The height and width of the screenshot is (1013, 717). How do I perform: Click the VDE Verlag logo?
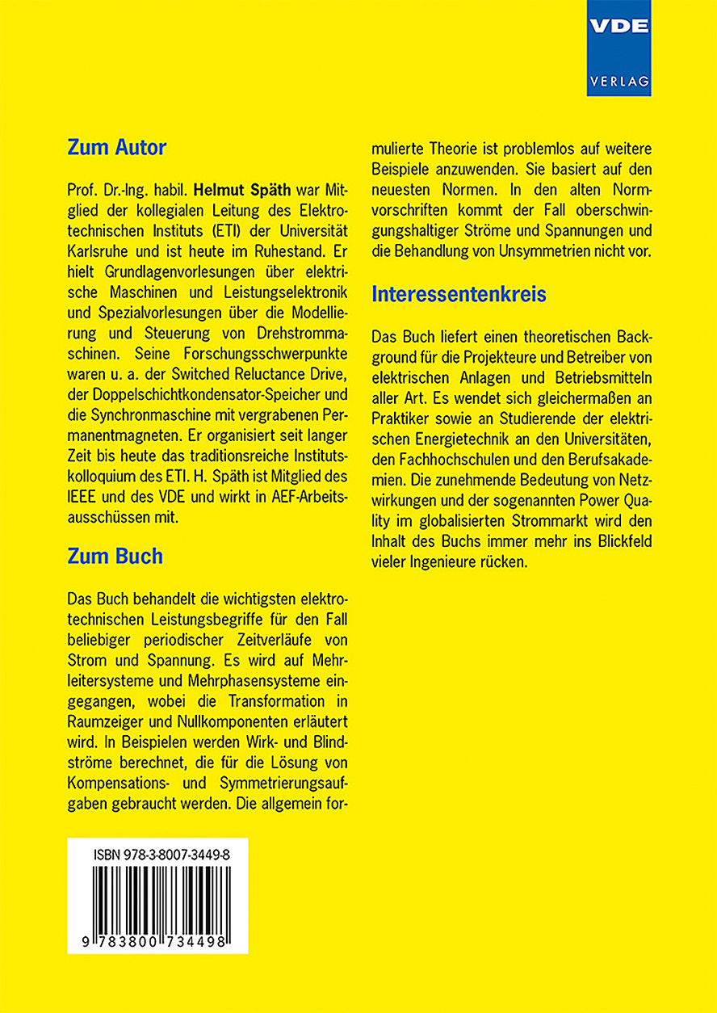pos(619,48)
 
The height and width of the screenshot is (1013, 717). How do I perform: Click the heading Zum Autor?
pos(116,148)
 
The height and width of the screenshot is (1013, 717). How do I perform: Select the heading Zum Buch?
pos(115,557)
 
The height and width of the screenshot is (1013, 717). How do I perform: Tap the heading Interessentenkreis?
pos(459,295)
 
